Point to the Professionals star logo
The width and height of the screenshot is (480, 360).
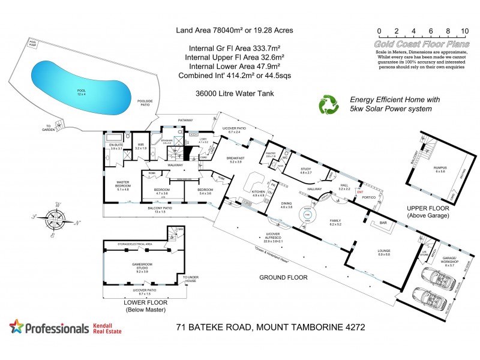coord(18,327)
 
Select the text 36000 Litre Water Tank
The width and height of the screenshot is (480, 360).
coord(231,93)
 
